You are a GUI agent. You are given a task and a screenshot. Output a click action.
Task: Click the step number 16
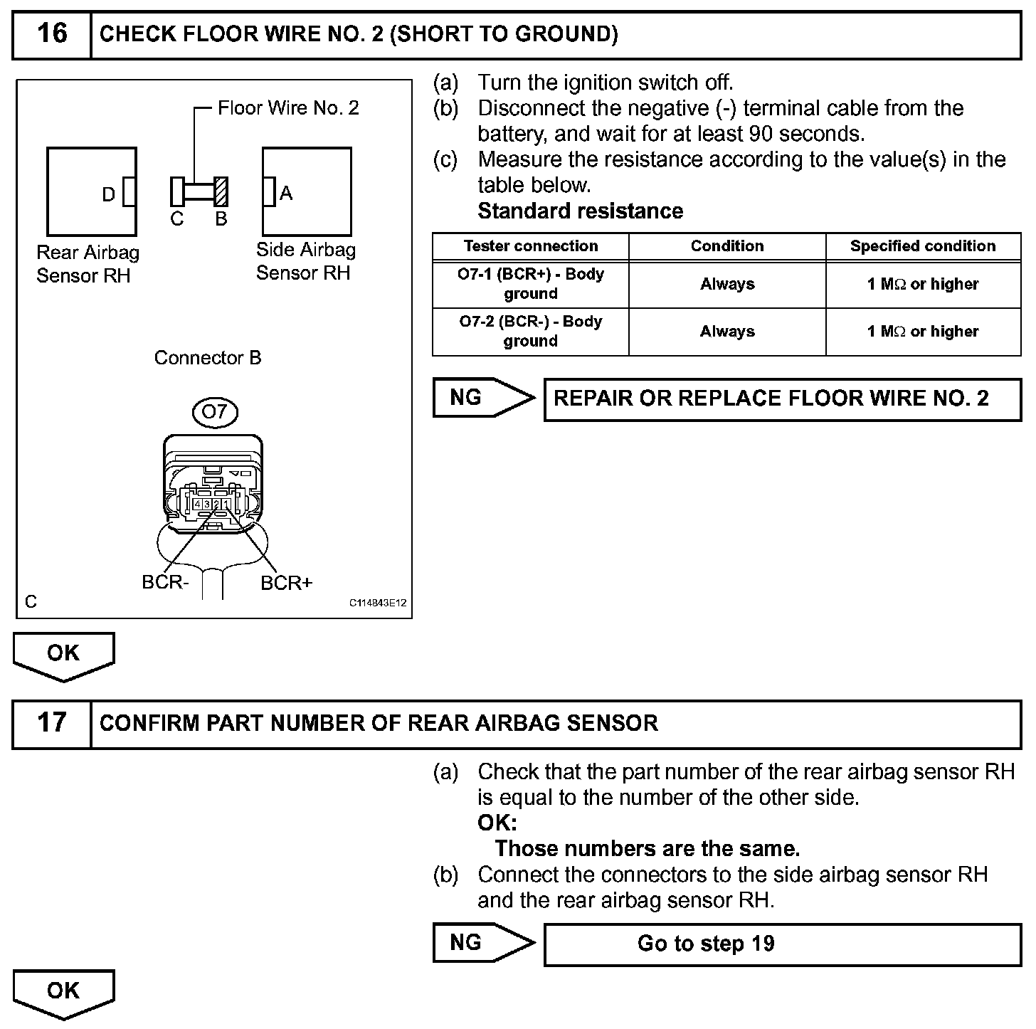(x=52, y=33)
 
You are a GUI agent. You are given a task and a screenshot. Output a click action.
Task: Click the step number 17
(x=52, y=722)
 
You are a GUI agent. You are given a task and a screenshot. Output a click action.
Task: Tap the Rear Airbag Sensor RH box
(x=91, y=191)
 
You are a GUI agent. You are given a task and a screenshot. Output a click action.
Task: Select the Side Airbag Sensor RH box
(x=307, y=191)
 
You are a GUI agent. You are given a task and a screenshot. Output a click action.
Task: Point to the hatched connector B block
(x=221, y=191)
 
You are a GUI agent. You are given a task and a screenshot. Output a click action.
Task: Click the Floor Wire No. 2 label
(x=288, y=108)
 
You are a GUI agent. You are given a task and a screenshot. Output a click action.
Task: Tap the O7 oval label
(x=214, y=411)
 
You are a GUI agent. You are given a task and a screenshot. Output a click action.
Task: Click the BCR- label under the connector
(x=165, y=582)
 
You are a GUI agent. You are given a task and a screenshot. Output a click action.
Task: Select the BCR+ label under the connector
(x=286, y=583)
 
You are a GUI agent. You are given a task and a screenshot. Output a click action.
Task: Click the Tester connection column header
(x=531, y=246)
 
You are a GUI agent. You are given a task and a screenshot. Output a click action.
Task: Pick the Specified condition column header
(x=923, y=246)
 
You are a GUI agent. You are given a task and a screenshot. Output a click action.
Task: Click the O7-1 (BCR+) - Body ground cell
(x=531, y=284)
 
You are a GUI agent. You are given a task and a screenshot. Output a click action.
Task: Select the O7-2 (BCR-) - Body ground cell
(x=531, y=331)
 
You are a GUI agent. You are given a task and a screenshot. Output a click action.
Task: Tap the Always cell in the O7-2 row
(x=727, y=331)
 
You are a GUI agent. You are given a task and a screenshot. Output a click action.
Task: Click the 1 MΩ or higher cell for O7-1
(x=923, y=284)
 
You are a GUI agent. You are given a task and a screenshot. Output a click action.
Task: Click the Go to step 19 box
(x=782, y=944)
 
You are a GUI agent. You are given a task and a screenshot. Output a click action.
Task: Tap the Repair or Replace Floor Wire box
(x=782, y=398)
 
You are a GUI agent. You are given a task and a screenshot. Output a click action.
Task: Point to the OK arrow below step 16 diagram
(x=63, y=655)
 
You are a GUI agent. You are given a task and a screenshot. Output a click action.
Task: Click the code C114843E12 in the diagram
(x=377, y=603)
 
